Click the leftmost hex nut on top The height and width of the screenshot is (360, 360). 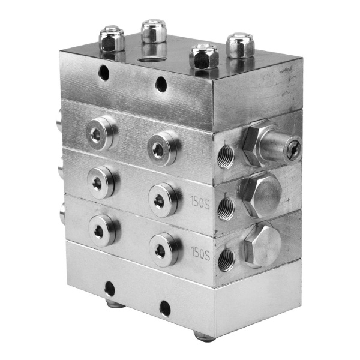[112, 38]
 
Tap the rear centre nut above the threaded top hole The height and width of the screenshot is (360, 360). [154, 31]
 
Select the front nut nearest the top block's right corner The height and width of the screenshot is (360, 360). [203, 56]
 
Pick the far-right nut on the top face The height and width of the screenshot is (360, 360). [240, 45]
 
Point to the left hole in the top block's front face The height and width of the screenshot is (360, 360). [104, 73]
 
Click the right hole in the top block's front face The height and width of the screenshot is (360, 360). [161, 84]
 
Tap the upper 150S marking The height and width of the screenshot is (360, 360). [200, 202]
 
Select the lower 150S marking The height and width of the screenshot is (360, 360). [200, 253]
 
